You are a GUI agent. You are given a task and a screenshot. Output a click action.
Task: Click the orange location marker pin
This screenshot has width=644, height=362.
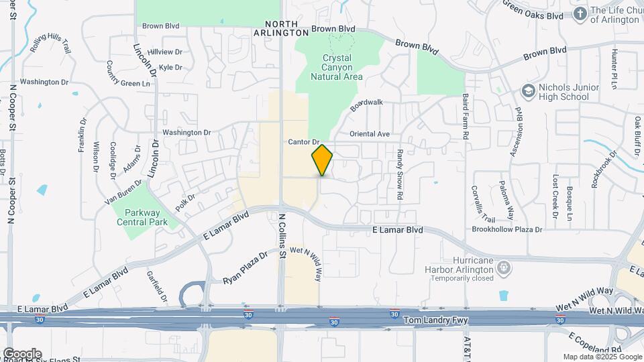(323, 160)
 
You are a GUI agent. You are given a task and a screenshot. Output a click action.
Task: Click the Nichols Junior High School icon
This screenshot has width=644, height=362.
(529, 90)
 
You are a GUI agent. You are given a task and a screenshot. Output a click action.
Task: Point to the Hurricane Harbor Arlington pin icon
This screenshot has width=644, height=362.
(503, 269)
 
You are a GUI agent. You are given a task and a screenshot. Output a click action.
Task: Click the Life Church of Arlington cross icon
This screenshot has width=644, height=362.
(580, 13)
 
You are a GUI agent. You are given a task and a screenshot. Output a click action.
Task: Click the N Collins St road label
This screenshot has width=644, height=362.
(282, 236)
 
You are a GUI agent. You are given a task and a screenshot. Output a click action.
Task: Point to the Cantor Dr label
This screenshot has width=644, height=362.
(304, 142)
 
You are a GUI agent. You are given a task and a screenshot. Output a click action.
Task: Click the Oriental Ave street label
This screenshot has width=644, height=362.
(369, 134)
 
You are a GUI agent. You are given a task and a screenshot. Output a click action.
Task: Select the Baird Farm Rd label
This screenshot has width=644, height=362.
(464, 117)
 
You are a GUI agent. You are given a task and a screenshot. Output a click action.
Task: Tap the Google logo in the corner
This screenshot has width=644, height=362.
(21, 354)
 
